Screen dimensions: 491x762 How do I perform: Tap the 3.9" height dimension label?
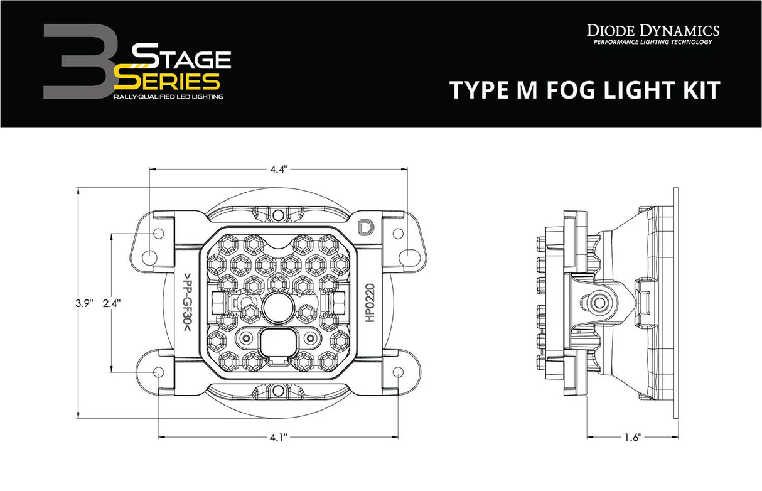83,303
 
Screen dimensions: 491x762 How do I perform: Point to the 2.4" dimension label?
111,303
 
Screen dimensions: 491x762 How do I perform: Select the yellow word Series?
168,80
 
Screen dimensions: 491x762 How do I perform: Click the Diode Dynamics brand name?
653,30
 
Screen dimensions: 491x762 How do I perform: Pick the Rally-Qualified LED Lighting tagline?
168,97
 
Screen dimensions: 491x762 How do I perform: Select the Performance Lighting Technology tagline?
653,42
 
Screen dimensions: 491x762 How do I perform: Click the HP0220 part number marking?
370,303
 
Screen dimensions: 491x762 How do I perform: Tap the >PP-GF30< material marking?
187,303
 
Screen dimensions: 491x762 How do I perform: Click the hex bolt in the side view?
604,303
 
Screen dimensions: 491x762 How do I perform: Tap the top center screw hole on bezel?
278,215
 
